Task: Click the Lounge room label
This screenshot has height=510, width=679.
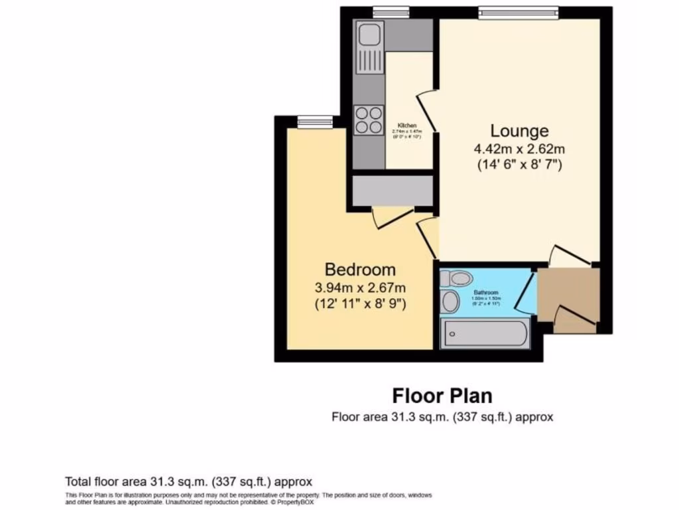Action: click(x=519, y=131)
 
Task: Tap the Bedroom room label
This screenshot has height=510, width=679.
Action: click(x=360, y=270)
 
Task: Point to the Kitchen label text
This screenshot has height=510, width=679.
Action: click(x=407, y=126)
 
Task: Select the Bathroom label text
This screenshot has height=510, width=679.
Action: click(x=485, y=292)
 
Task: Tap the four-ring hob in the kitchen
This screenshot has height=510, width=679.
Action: click(x=368, y=120)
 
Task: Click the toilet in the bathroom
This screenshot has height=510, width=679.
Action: click(x=457, y=278)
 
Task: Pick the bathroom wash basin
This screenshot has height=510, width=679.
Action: click(x=450, y=301)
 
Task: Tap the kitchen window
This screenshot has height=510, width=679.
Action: click(x=390, y=11)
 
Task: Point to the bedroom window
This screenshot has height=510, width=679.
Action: click(x=314, y=121)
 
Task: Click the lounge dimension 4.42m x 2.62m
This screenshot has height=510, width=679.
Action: click(x=519, y=148)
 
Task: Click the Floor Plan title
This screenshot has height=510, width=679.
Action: click(x=442, y=396)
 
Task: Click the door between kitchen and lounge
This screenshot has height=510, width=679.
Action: click(x=428, y=110)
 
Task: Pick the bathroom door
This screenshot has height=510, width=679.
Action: click(x=526, y=292)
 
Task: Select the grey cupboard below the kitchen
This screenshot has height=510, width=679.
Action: click(x=393, y=191)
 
